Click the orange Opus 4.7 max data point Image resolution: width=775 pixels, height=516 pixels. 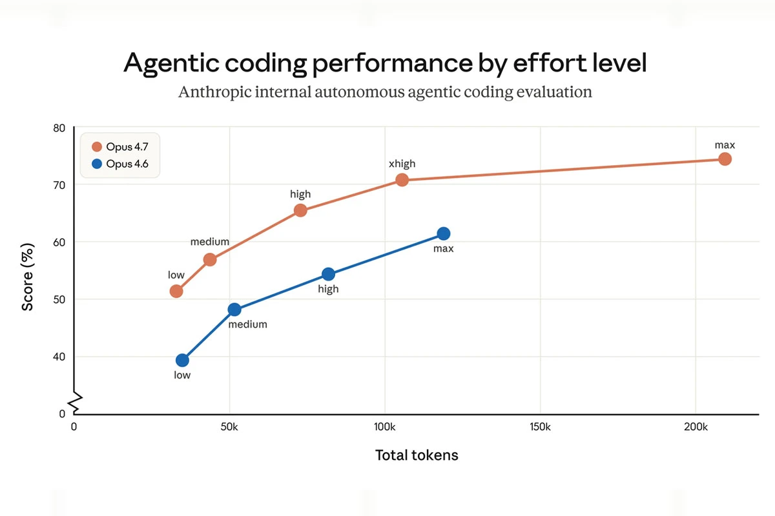pyautogui.click(x=725, y=159)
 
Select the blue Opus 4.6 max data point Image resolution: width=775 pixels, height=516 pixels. pyautogui.click(x=443, y=233)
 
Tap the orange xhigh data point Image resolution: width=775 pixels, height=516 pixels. pyautogui.click(x=402, y=180)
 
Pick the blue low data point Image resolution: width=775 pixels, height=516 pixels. pyautogui.click(x=182, y=360)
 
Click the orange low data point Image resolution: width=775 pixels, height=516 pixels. pyautogui.click(x=176, y=291)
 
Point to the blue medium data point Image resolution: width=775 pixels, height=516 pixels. pyautogui.click(x=234, y=310)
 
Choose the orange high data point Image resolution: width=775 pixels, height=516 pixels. pyautogui.click(x=300, y=210)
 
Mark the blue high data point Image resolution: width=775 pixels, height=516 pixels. pyautogui.click(x=328, y=274)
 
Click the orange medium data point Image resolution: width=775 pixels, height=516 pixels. pyautogui.click(x=210, y=260)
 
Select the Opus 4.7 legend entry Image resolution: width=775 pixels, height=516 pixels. pyautogui.click(x=121, y=147)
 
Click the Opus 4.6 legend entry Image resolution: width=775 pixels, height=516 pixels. pyautogui.click(x=121, y=164)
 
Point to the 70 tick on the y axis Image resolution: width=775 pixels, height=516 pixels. pyautogui.click(x=59, y=185)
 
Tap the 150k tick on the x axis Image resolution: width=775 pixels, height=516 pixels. pyautogui.click(x=540, y=426)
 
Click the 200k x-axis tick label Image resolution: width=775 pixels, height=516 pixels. pyautogui.click(x=696, y=426)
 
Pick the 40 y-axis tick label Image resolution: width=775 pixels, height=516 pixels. pyautogui.click(x=59, y=357)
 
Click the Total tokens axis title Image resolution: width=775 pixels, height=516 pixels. pyautogui.click(x=417, y=455)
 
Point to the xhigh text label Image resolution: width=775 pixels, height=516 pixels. pyautogui.click(x=402, y=164)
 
